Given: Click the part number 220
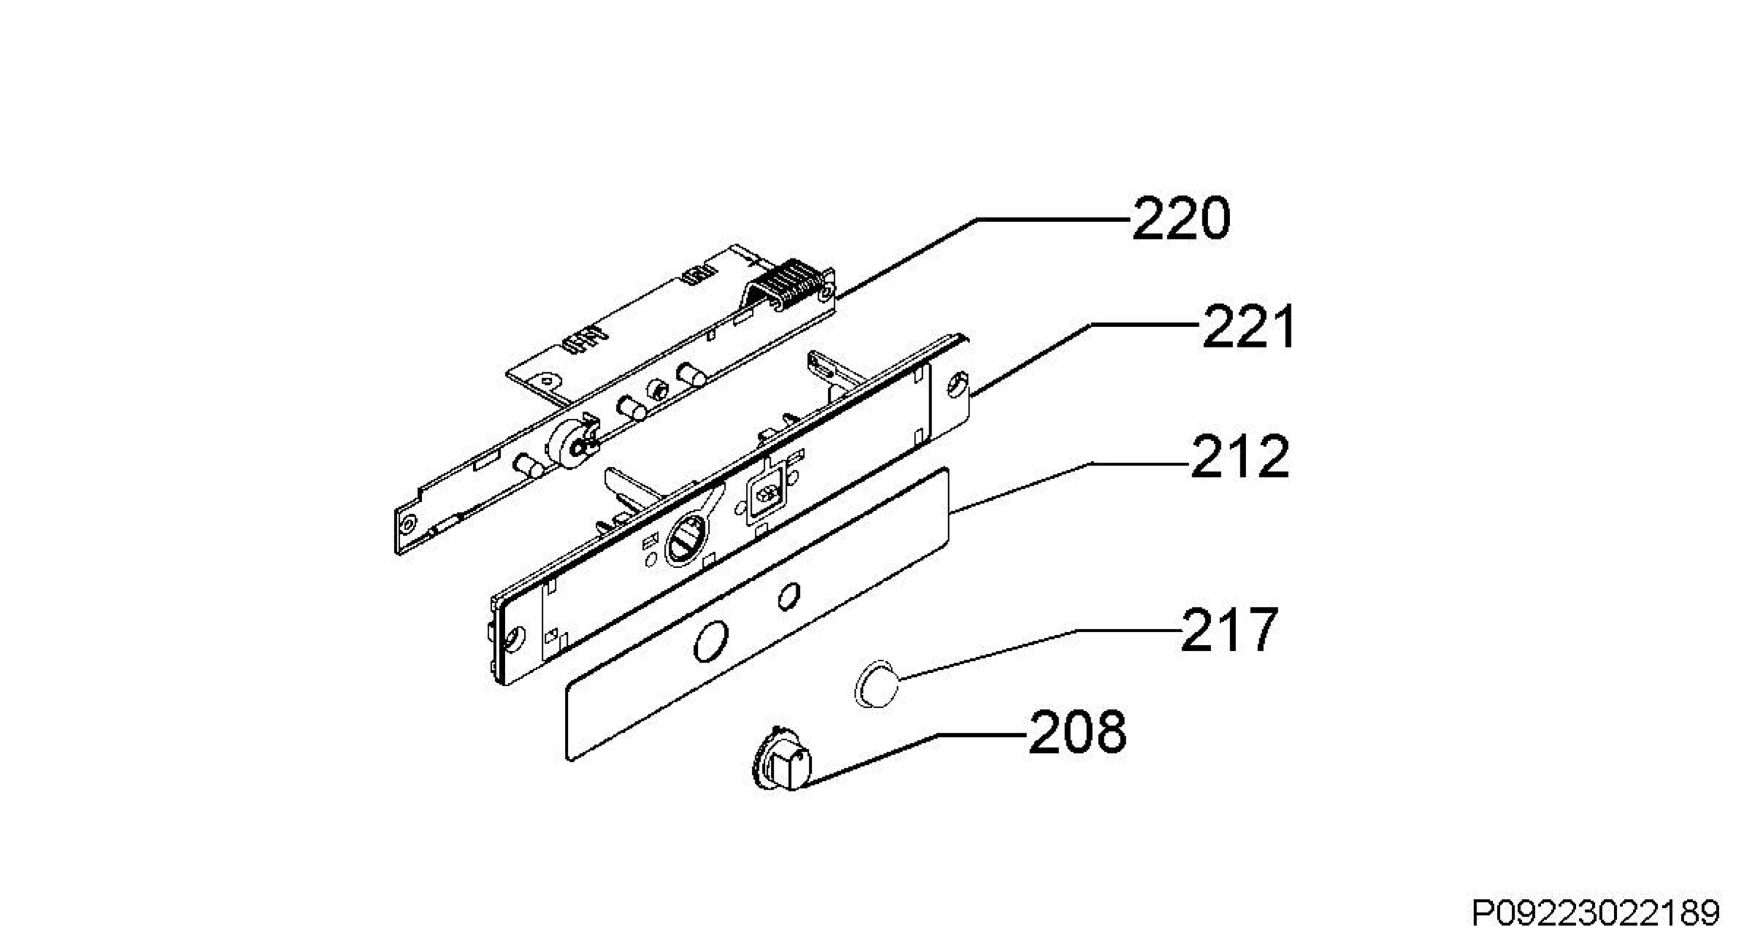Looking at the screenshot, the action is click(x=1180, y=218).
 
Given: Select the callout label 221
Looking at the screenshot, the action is click(x=1249, y=326).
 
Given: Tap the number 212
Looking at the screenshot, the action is click(x=1240, y=457).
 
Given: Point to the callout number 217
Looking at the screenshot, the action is click(x=1229, y=629).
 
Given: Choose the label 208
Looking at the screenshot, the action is click(x=1077, y=733).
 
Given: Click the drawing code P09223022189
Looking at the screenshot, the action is click(x=1596, y=913).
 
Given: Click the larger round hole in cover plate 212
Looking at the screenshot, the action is click(x=710, y=642).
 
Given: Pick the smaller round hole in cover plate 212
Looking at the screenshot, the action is click(x=788, y=596).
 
